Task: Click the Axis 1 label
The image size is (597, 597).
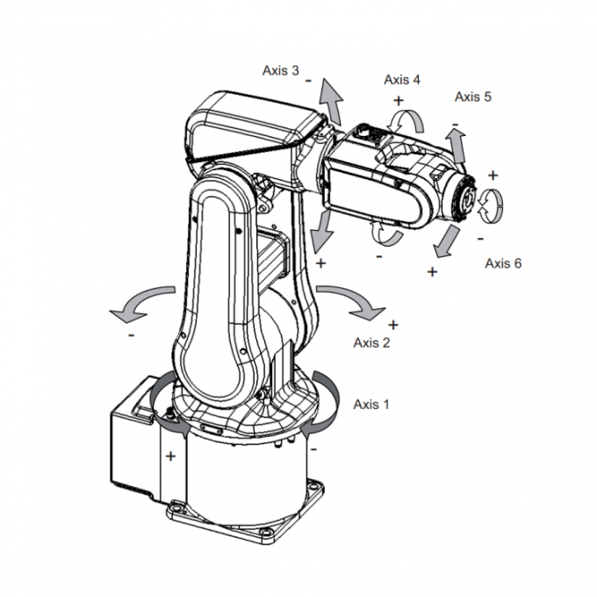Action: (370, 404)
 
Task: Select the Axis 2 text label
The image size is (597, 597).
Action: (370, 342)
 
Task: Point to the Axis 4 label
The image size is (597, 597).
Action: (401, 79)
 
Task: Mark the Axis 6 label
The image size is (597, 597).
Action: (503, 263)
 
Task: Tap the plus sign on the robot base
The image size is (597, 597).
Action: (170, 456)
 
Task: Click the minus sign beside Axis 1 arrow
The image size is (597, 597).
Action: (314, 448)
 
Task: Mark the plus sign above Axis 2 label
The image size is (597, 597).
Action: (392, 325)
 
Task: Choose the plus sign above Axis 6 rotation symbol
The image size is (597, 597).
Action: (493, 174)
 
